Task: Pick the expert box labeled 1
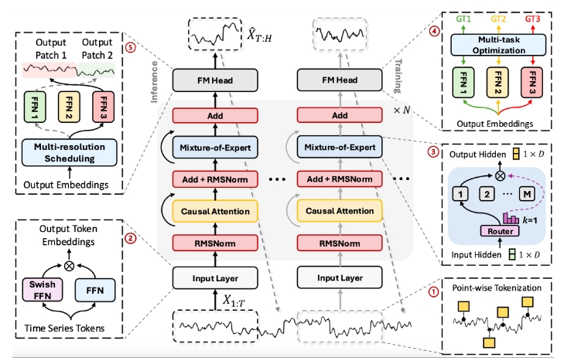coord(462,191)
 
